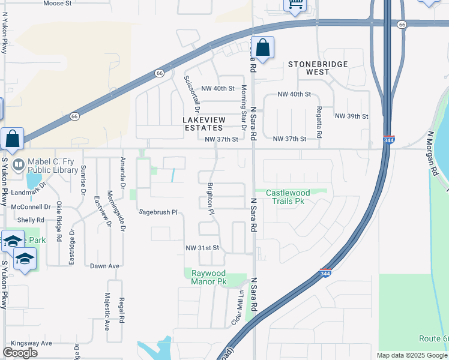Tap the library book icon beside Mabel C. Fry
point(19,163)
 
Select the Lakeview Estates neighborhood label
point(202,124)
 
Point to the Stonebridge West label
point(309,67)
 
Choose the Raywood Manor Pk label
point(208,277)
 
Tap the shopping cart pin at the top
point(294,4)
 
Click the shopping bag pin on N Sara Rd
point(262,47)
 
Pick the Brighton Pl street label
point(211,199)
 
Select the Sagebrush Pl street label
point(158,212)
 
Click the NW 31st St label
point(201,248)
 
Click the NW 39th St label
point(351,116)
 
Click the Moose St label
point(58,3)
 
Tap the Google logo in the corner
point(20,353)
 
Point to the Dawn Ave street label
point(105,266)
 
